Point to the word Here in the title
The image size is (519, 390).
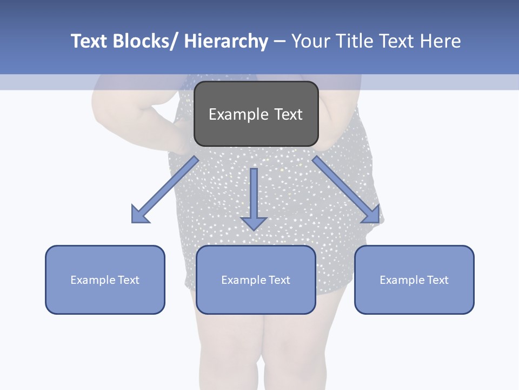[440, 41]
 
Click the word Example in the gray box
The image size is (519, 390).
[238, 114]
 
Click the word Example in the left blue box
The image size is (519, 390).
[92, 280]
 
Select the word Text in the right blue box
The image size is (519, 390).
[437, 280]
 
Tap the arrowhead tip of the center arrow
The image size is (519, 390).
[254, 229]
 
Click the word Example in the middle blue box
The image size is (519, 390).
[243, 280]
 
